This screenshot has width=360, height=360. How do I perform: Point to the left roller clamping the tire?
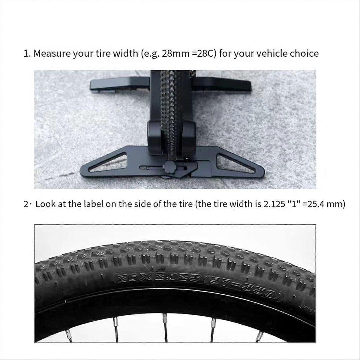[x=155, y=137]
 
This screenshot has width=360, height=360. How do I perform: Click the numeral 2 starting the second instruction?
[x=26, y=204]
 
